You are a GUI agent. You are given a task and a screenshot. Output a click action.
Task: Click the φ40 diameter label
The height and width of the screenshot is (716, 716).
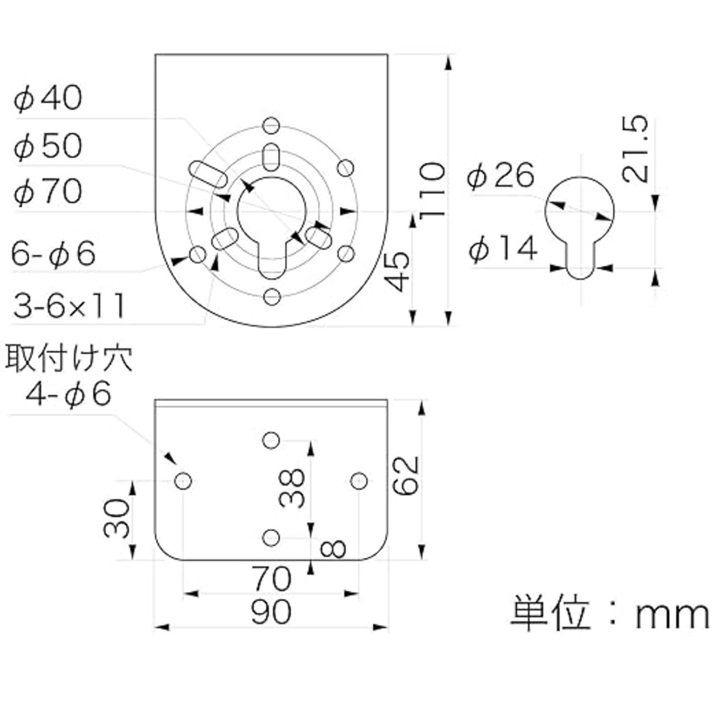tap(48, 98)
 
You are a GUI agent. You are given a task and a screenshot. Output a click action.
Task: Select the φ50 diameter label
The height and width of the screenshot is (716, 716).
tap(48, 145)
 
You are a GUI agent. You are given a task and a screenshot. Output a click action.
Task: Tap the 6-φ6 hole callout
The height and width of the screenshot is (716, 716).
tap(54, 254)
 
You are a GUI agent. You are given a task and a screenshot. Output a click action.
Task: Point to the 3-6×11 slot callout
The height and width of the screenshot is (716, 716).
tap(69, 305)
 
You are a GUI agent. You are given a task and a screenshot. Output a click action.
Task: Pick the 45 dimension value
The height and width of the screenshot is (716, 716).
tap(397, 272)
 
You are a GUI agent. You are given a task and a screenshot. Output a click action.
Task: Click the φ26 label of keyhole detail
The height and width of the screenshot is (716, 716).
tap(501, 176)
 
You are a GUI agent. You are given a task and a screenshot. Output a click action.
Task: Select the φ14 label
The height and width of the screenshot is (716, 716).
tap(503, 248)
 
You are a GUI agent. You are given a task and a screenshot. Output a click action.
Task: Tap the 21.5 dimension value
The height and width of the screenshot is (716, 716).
tap(635, 150)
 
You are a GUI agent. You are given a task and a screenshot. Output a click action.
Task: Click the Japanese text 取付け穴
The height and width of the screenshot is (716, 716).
tap(69, 358)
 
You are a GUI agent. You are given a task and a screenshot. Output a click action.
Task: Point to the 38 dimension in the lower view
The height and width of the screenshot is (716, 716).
tap(292, 488)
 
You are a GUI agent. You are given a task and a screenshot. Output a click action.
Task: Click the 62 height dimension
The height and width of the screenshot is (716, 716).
tap(406, 475)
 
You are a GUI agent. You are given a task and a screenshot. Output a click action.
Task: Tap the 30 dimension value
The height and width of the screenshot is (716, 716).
tap(116, 519)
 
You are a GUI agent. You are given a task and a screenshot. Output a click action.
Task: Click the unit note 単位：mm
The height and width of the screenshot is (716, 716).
tap(610, 615)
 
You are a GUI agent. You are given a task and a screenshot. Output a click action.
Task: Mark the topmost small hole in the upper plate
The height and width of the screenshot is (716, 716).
tap(271, 126)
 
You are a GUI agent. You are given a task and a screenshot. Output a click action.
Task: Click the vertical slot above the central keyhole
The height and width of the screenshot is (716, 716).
tap(271, 157)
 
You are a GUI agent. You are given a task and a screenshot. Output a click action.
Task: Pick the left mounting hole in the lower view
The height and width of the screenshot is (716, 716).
tap(183, 481)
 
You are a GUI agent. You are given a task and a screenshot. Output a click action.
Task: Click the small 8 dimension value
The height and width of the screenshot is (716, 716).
tap(332, 549)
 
